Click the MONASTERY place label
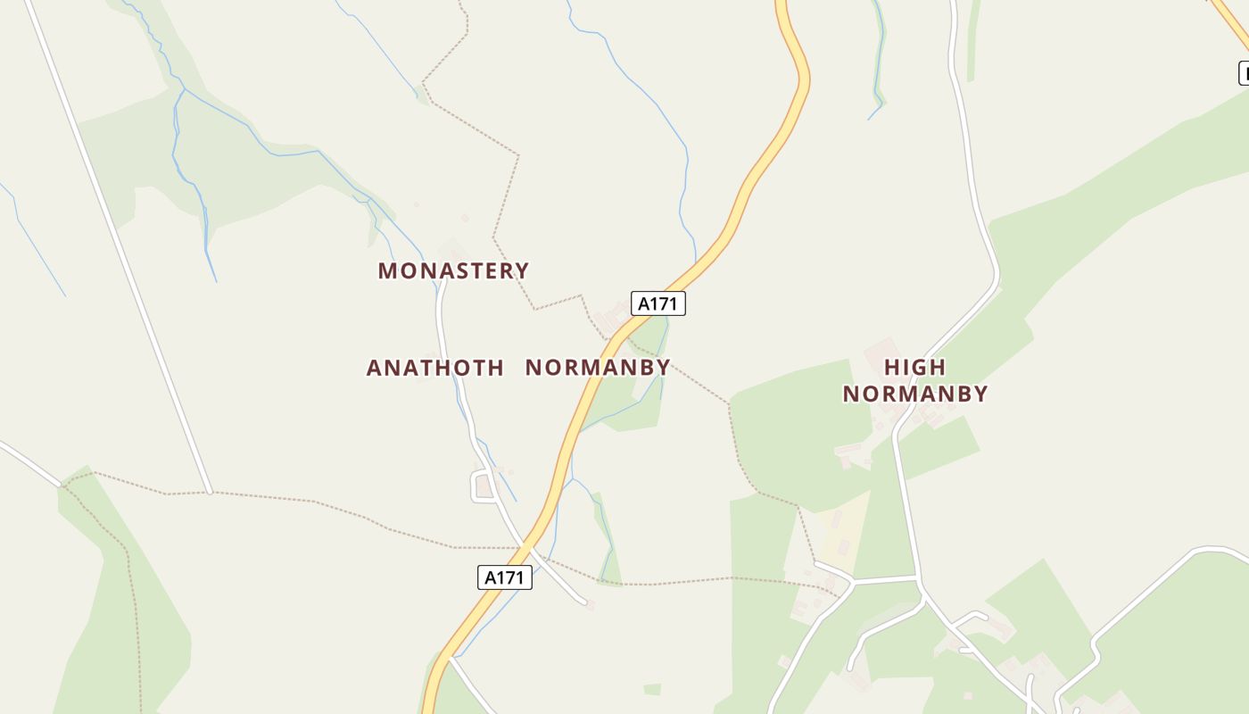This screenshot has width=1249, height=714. click(x=453, y=270)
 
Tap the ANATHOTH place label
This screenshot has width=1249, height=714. click(x=435, y=368)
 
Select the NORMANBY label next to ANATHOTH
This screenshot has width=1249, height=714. click(x=598, y=368)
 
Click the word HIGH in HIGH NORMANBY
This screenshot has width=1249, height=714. click(x=914, y=367)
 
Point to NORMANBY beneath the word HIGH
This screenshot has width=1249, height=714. click(x=915, y=394)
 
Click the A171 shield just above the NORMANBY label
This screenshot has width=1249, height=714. click(x=658, y=303)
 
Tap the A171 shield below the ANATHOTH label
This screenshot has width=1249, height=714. click(x=505, y=577)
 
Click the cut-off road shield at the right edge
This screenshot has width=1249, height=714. click(x=1243, y=72)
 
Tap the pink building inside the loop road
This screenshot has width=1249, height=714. click(x=484, y=486)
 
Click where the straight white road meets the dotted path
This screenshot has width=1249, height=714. click(x=209, y=492)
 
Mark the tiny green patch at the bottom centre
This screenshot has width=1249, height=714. click(x=652, y=689)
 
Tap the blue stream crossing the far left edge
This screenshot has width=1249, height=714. click(x=27, y=232)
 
